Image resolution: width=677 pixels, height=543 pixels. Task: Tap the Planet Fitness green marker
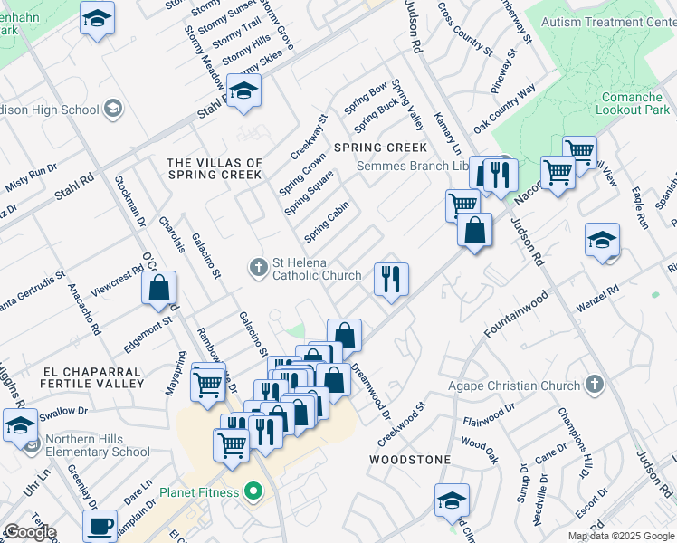253,493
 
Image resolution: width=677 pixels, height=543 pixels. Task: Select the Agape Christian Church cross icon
595,385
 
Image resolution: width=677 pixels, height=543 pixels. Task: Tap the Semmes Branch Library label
412,166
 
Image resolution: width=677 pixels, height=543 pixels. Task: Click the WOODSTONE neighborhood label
410,460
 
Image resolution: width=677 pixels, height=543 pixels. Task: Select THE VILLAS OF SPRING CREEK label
215,168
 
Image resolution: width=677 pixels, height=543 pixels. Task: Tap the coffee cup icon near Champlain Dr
100,525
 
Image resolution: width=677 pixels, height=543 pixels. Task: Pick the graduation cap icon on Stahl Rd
243,90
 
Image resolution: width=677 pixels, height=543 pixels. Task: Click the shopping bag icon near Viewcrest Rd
159,289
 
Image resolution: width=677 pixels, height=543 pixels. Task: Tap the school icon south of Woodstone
452,499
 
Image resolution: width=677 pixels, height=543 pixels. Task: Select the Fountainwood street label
516,314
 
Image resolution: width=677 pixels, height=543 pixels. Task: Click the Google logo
30,532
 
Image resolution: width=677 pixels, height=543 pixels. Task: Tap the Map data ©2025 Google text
621,536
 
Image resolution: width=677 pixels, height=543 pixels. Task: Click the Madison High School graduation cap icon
113,110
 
